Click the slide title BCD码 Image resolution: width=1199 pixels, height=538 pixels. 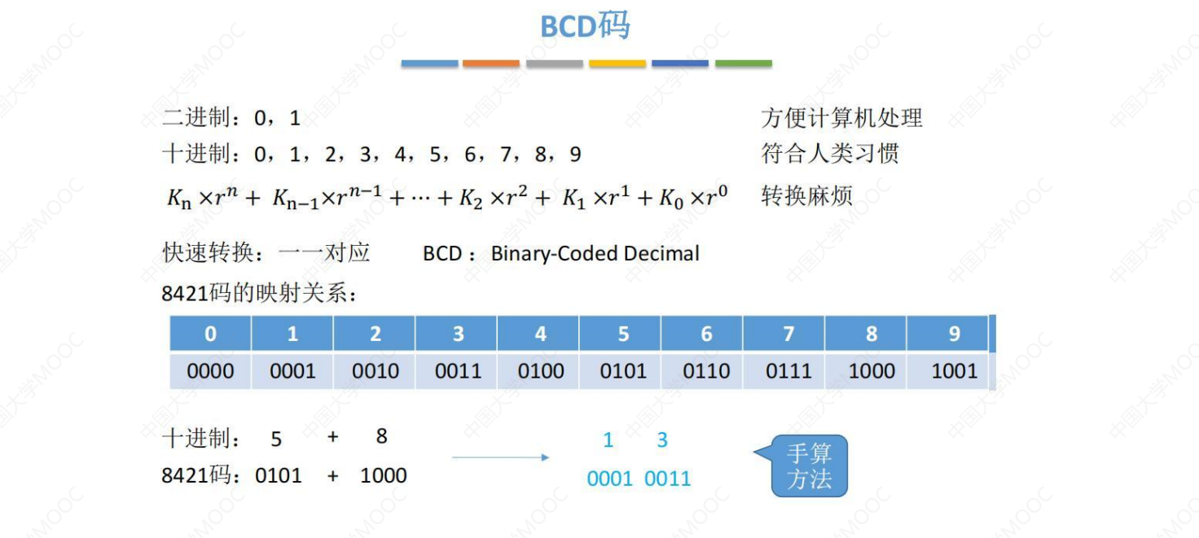pyautogui.click(x=585, y=27)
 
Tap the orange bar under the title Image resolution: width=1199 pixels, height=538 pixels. pyautogui.click(x=491, y=63)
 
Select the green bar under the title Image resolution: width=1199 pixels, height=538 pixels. pyautogui.click(x=744, y=63)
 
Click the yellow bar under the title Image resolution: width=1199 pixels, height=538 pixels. pyautogui.click(x=617, y=63)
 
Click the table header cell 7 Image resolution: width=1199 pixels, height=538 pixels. pyautogui.click(x=788, y=334)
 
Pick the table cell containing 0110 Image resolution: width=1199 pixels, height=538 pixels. pyautogui.click(x=705, y=371)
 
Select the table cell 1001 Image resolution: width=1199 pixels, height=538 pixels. pyautogui.click(x=954, y=371)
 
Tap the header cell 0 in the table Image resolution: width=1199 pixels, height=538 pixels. pyautogui.click(x=211, y=334)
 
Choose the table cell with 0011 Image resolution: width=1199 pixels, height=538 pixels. pyautogui.click(x=458, y=371)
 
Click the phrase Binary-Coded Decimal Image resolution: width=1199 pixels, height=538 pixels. pyautogui.click(x=595, y=253)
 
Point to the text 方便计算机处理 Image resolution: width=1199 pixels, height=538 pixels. pyautogui.click(x=841, y=118)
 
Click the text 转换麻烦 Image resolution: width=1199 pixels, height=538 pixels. pyautogui.click(x=806, y=196)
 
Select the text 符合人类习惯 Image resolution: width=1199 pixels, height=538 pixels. pyautogui.click(x=830, y=154)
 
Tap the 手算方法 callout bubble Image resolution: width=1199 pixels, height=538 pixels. pyautogui.click(x=809, y=466)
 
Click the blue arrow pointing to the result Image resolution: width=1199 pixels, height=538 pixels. pyautogui.click(x=500, y=457)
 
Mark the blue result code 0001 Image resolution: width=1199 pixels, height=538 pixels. pyautogui.click(x=609, y=479)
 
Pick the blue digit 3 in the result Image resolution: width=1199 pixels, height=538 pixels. pyautogui.click(x=662, y=440)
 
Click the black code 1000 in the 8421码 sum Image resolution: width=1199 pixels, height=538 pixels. pyautogui.click(x=383, y=475)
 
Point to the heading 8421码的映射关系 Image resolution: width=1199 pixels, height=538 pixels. pyautogui.click(x=259, y=293)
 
